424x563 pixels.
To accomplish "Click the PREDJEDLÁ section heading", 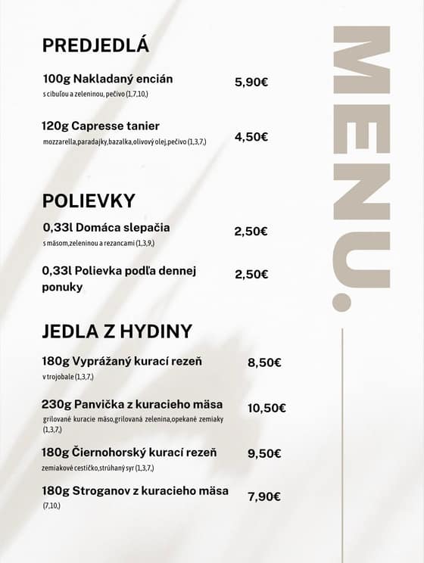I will (96, 45).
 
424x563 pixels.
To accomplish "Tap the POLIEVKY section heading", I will (89, 201).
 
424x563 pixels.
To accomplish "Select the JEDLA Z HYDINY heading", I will (117, 331).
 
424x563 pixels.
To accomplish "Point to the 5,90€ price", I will (252, 82).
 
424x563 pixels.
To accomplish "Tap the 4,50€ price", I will (251, 137).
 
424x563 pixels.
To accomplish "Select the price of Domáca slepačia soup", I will (251, 232).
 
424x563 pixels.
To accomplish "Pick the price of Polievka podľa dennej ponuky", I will (251, 274).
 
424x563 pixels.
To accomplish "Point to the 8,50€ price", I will (264, 362).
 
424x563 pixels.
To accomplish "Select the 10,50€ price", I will (267, 408).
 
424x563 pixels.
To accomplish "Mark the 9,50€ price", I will (264, 453).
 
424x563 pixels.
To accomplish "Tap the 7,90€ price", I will (264, 496).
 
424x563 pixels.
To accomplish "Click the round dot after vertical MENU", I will (342, 301).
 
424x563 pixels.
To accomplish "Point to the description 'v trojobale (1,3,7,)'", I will (68, 376).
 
